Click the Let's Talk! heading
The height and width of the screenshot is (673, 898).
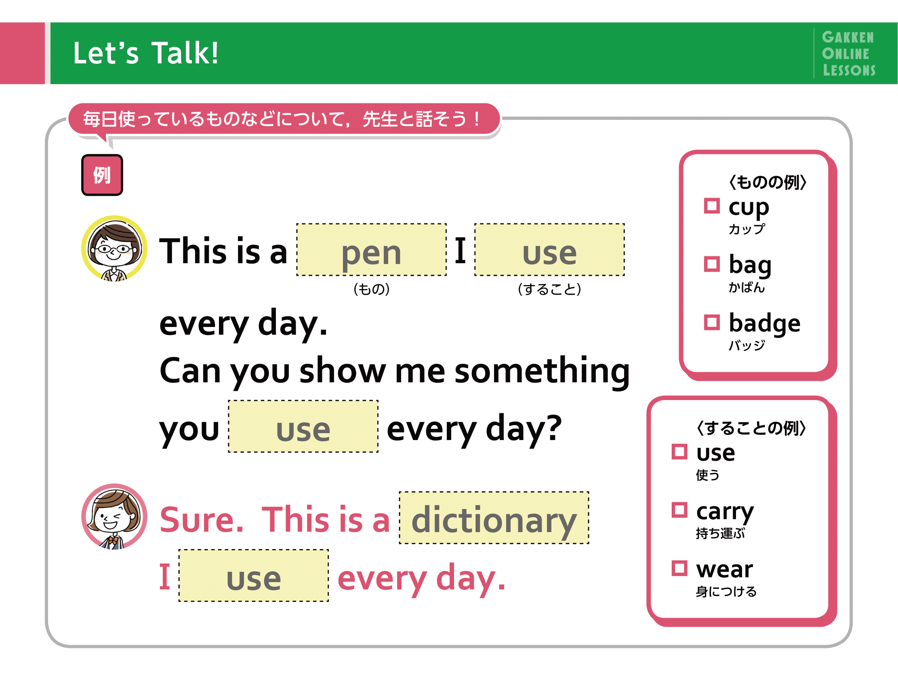(146, 53)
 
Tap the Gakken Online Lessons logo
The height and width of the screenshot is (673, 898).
(849, 54)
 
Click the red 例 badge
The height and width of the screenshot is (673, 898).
(102, 175)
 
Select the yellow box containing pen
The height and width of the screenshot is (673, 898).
(372, 250)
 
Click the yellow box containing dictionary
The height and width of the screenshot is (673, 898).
(494, 518)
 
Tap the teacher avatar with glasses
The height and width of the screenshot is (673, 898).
(114, 248)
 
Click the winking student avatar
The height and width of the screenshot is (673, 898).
(114, 516)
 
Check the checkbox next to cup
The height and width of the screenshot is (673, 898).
(712, 205)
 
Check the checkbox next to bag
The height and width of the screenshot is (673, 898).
(712, 264)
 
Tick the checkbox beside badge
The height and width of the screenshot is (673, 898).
(712, 323)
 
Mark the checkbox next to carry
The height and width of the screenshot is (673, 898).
(679, 510)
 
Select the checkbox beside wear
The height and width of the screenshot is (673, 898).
(679, 568)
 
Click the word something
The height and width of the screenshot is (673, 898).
(543, 371)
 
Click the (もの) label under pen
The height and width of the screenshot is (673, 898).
(372, 289)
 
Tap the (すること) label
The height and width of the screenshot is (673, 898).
(550, 289)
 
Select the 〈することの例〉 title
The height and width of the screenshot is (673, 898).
(751, 428)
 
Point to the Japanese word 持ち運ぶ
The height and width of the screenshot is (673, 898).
(720, 533)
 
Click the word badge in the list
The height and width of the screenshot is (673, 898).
(764, 323)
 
